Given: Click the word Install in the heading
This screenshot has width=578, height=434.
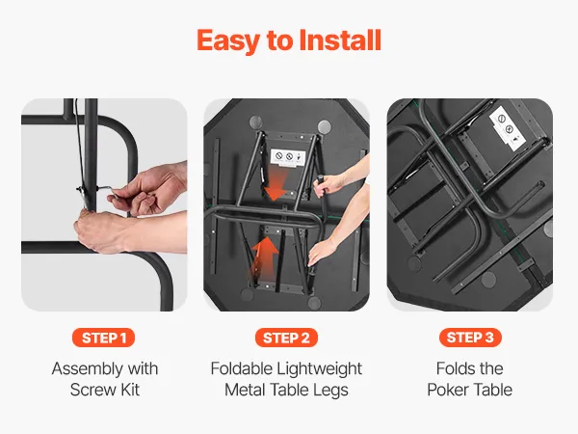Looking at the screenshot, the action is click(340, 40).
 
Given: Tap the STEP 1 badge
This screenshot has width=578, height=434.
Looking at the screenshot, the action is click(104, 338).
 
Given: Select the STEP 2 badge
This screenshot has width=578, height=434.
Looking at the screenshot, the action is click(286, 338).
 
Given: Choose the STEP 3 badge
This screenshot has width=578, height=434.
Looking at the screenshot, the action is click(470, 338).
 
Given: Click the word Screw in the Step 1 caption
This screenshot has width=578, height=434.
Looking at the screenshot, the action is click(91, 390).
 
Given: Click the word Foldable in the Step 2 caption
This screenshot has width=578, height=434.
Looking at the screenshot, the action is click(240, 368).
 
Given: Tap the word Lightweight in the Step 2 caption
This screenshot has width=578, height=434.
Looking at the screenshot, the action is click(319, 369).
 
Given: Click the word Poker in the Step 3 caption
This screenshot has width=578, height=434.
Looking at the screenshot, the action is click(447, 390).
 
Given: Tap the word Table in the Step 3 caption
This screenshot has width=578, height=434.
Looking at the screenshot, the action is click(493, 390).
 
